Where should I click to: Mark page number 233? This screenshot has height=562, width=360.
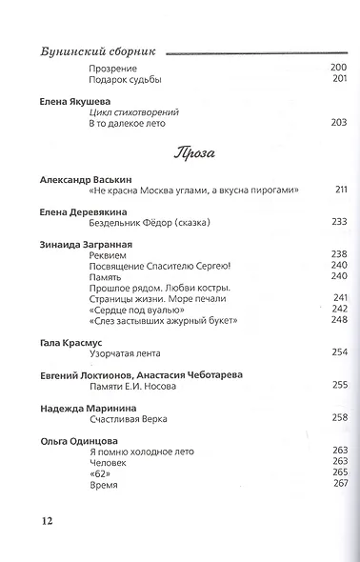pyautogui.click(x=338, y=222)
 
